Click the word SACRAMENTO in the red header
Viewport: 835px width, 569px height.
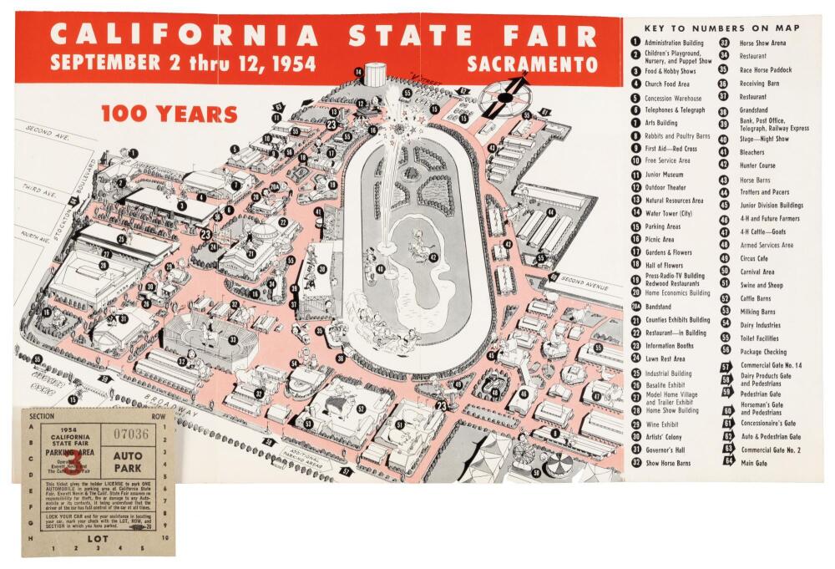532,64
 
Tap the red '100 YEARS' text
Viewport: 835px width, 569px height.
169,114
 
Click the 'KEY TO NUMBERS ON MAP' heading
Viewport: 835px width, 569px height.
722,28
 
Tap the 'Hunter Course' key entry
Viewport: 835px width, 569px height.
758,165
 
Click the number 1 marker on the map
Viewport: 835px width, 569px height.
134,154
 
